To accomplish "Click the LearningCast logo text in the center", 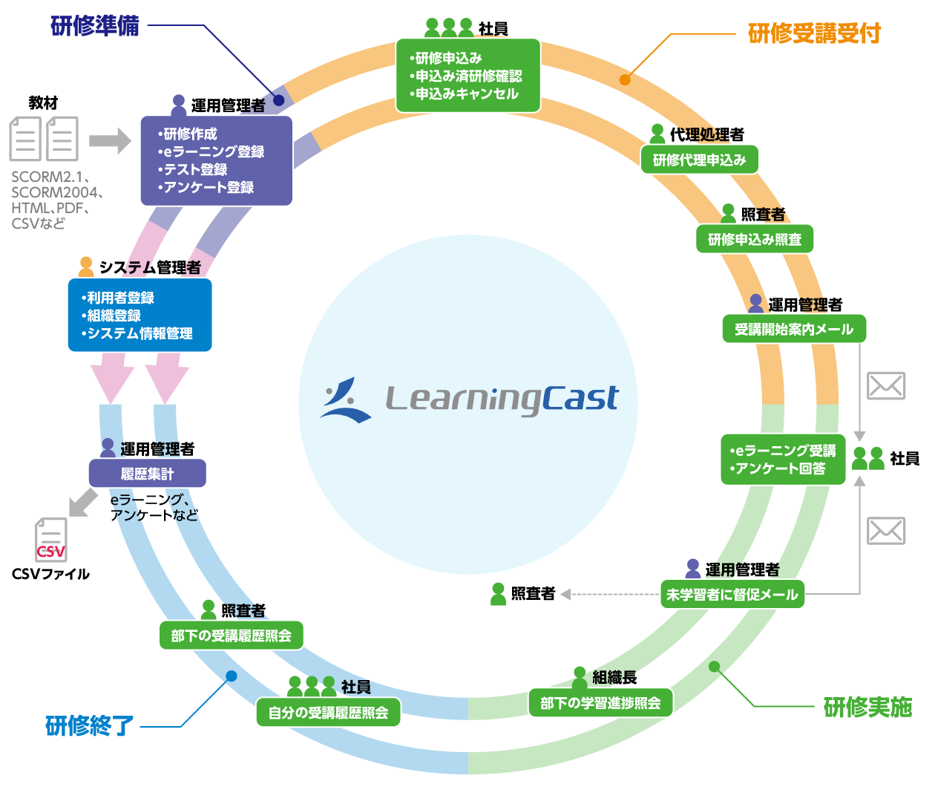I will click(x=502, y=399).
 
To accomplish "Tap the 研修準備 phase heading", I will click(x=95, y=26).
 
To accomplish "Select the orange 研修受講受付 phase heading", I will click(x=814, y=33).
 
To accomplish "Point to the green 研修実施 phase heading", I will click(x=868, y=708).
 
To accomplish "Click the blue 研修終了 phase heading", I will click(x=90, y=725).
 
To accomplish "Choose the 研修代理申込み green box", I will click(x=699, y=160).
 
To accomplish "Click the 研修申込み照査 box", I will click(x=754, y=239).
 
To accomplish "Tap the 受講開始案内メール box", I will click(x=794, y=329).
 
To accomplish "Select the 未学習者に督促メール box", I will click(x=732, y=595).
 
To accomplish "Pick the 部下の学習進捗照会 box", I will click(x=600, y=703).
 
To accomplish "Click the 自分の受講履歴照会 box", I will click(x=328, y=713).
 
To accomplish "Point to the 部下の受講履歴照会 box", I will click(x=232, y=636).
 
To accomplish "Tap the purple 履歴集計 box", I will click(x=147, y=474).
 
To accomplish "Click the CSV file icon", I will click(x=51, y=540).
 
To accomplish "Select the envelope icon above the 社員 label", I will click(x=886, y=386).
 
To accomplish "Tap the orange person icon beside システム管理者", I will click(x=86, y=267).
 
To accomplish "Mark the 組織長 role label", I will click(x=614, y=677).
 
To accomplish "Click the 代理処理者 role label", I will click(x=706, y=134).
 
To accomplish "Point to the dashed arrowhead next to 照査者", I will click(x=565, y=594).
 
